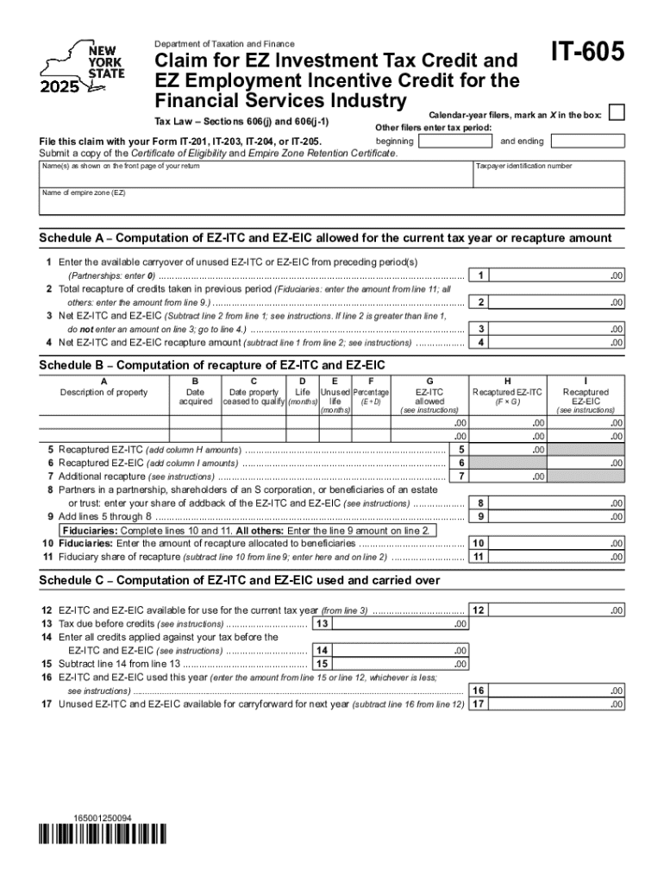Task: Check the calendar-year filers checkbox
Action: coord(617,114)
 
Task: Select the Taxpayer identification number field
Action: coord(548,177)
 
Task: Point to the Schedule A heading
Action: coord(325,238)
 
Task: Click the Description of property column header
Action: coord(103,392)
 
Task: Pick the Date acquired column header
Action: coord(195,396)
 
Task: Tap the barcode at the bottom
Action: coord(102,834)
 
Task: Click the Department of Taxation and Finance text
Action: coord(223,44)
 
